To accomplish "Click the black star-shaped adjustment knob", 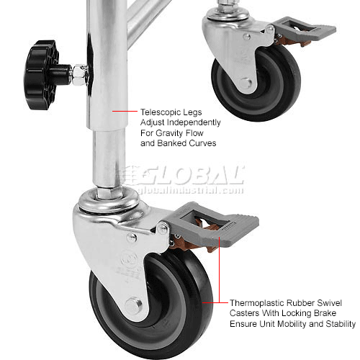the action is [42, 75].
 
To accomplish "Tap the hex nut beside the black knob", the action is [79, 75].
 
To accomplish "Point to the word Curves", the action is [202, 143].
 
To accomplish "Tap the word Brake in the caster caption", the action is [325, 313].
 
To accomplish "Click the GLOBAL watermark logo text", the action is [192, 175].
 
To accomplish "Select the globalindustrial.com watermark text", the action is [190, 190].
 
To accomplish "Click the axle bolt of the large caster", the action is [133, 305].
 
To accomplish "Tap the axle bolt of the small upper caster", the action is [246, 83].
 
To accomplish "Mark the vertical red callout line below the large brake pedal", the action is [220, 269].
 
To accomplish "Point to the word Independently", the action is [194, 122].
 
